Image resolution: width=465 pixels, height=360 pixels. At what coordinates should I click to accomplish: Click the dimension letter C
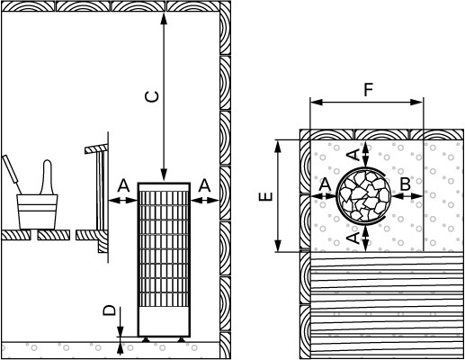[152, 96]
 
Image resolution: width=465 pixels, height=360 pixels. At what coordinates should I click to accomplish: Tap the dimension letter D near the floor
[110, 310]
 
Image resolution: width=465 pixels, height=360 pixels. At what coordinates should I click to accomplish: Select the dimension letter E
[266, 196]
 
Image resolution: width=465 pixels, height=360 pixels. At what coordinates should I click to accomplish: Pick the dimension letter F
[368, 90]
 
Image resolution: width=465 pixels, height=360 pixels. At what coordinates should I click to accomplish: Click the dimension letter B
[406, 184]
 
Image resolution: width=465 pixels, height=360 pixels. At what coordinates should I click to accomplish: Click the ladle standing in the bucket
[48, 177]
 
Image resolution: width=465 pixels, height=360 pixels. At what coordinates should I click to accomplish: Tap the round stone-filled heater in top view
[364, 195]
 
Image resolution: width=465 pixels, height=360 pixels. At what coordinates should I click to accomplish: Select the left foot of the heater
[146, 339]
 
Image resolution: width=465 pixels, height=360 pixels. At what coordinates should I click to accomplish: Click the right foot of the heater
[181, 339]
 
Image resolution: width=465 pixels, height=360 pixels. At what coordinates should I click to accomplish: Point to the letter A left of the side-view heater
[123, 185]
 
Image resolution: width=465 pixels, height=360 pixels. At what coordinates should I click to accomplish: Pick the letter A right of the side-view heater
[204, 185]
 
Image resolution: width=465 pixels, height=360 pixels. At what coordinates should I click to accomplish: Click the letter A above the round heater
[354, 155]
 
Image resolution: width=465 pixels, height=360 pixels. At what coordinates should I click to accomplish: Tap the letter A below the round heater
[353, 238]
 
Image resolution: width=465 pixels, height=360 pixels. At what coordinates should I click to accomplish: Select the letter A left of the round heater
[325, 184]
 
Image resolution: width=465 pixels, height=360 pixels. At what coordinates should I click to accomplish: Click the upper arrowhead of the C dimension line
[164, 18]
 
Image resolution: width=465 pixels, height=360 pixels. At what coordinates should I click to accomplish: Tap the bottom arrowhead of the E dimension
[279, 246]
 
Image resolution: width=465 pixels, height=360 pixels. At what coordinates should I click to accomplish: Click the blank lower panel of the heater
[164, 321]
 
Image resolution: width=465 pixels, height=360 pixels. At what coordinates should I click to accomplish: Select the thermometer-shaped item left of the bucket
[11, 174]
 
